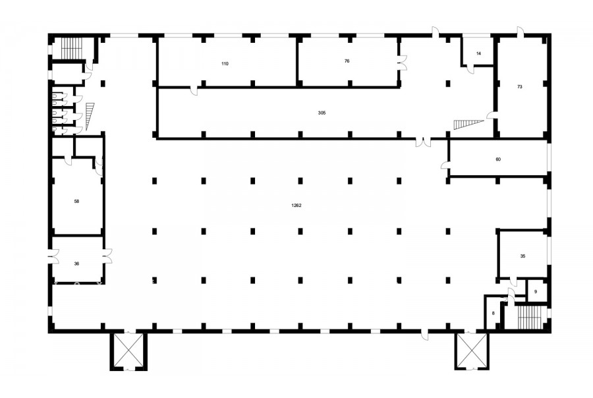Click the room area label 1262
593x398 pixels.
296,206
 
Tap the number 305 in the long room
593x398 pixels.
322,113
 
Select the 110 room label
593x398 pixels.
225,63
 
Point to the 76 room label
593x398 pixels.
347,61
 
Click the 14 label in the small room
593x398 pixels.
478,53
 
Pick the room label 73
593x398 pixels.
520,86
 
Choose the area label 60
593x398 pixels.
498,159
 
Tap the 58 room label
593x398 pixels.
77,201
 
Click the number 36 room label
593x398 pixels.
77,264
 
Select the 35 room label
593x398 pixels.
522,256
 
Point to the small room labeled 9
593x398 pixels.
536,292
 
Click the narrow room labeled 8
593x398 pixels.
493,313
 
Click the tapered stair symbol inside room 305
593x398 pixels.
468,125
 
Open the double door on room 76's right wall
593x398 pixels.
402,63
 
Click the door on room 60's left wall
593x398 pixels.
445,165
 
